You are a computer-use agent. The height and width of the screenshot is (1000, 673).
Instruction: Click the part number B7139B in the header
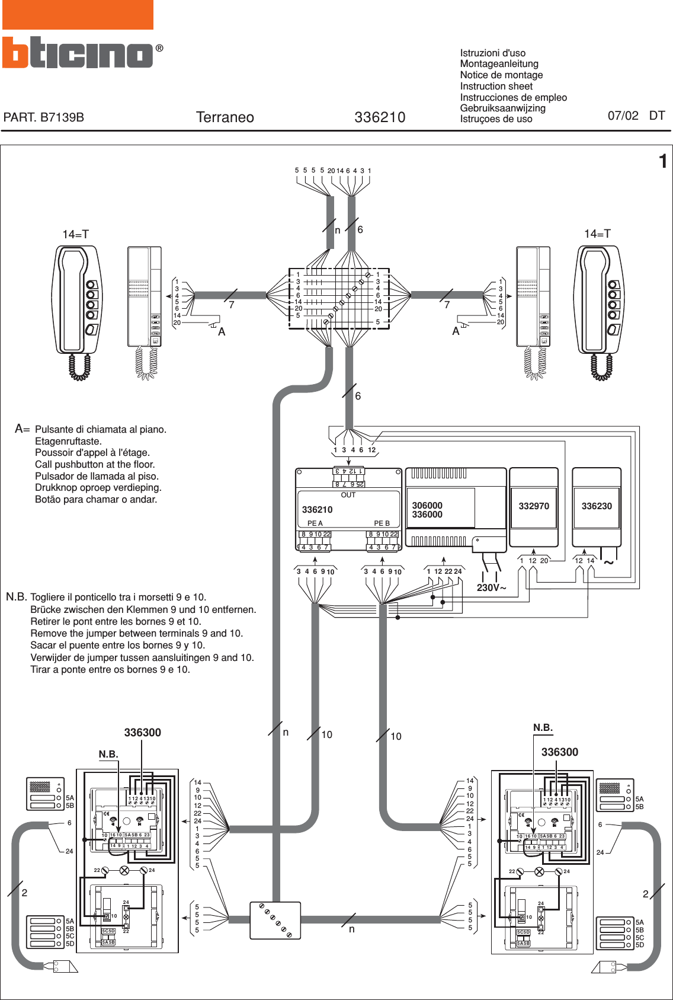[x=44, y=117]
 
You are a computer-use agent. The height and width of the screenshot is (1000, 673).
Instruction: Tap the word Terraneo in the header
[x=225, y=117]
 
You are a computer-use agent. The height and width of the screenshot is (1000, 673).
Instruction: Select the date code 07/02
[x=623, y=116]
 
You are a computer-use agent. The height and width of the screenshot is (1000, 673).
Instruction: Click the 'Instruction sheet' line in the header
[x=496, y=86]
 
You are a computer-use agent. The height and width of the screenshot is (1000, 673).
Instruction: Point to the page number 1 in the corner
[x=663, y=161]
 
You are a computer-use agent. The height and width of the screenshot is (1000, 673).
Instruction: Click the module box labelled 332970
[x=534, y=506]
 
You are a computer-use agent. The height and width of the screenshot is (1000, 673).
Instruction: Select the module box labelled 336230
[x=596, y=506]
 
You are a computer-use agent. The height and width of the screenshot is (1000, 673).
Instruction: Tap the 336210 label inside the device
[x=317, y=510]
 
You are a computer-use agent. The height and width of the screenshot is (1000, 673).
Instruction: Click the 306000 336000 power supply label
[x=427, y=510]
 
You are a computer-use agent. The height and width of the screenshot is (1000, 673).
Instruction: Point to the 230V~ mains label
[x=491, y=588]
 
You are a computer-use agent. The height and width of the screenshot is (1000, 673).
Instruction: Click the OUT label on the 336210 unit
[x=348, y=495]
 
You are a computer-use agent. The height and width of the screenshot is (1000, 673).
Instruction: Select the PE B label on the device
[x=382, y=523]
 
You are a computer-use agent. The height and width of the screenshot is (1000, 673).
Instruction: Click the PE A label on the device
[x=315, y=523]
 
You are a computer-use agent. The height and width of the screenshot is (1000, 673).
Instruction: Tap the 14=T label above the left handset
[x=75, y=234]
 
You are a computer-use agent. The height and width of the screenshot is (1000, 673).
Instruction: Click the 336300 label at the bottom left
[x=142, y=733]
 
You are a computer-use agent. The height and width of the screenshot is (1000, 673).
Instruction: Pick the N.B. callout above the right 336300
[x=543, y=727]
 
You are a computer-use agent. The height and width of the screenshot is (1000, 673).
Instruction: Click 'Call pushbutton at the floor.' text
[x=95, y=465]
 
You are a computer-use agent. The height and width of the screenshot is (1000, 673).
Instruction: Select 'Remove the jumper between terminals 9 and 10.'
[x=136, y=633]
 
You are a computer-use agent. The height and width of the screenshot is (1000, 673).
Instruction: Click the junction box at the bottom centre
[x=275, y=920]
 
